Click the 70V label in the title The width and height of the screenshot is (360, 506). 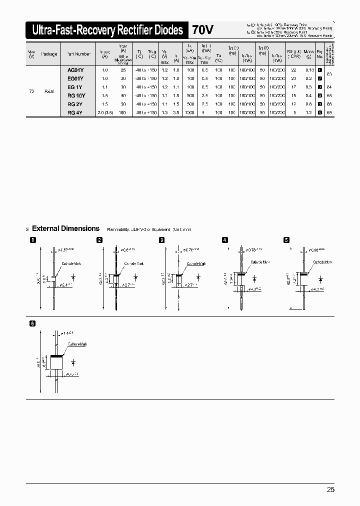(202, 30)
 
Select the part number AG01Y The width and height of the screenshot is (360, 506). (75, 70)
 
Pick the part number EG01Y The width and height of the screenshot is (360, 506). (75, 78)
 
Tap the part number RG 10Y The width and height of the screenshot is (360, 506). (76, 95)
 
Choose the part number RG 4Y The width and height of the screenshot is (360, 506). (75, 113)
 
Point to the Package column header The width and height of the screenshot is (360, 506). (49, 54)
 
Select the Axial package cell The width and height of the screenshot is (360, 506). (49, 91)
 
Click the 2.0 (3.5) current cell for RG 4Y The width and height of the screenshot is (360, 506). (105, 113)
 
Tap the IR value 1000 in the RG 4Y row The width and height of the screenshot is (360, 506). (189, 113)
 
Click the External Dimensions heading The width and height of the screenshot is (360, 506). (65, 228)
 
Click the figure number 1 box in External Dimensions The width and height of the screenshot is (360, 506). (33, 240)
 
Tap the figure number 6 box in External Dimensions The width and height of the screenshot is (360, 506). (33, 323)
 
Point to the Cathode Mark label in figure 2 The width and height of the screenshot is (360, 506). (134, 263)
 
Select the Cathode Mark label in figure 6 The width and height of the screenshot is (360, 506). (77, 344)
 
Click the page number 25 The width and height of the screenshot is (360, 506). (330, 489)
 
